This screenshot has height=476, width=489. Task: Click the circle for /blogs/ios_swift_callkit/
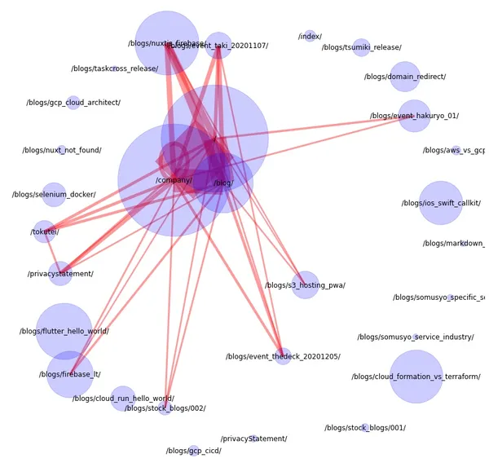pos(441,203)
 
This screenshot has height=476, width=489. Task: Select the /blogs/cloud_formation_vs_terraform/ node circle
pos(416,377)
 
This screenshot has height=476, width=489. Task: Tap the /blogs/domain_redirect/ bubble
pos(405,77)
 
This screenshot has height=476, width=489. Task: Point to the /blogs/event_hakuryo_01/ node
pos(414,116)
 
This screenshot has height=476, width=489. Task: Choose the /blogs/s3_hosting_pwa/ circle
pos(305,285)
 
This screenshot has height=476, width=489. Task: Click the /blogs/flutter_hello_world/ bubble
pos(64,331)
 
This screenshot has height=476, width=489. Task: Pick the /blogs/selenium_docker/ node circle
pos(54,195)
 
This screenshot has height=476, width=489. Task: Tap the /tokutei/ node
pos(44,231)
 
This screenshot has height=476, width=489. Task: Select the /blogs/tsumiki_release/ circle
pos(361,47)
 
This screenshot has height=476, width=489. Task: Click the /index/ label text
pos(310,37)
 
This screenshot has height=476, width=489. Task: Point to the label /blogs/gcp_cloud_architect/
pos(73,103)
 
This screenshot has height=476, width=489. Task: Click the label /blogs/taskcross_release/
pos(114,68)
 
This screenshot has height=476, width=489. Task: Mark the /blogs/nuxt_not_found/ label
pos(62,151)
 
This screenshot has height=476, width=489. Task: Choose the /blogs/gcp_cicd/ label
pos(194,451)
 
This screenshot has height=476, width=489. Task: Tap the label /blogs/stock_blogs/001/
pos(364,428)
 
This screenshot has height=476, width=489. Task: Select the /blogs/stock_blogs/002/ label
pos(165,408)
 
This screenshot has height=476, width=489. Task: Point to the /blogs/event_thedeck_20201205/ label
pos(283,357)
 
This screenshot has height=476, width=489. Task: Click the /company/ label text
pos(174,180)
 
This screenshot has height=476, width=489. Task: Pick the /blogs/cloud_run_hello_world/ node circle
pos(123,399)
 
